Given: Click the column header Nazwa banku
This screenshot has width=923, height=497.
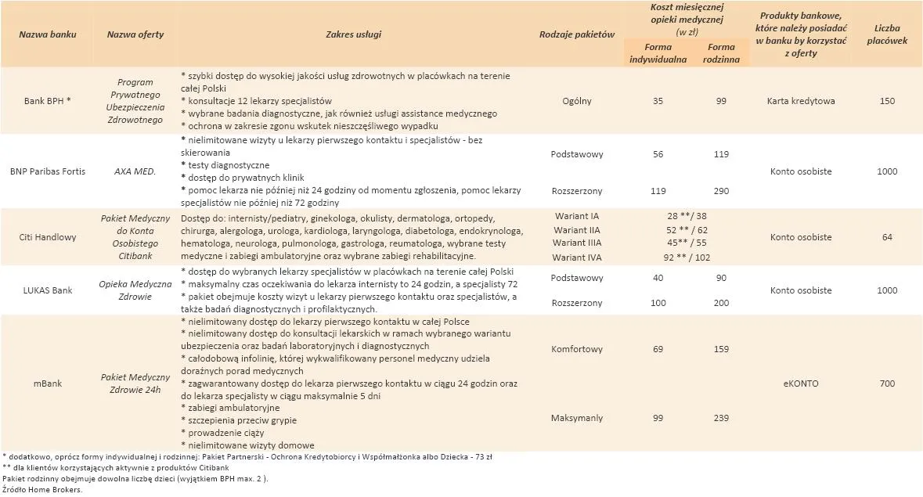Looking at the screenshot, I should [47, 35].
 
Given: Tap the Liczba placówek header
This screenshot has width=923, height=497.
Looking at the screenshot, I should [887, 34].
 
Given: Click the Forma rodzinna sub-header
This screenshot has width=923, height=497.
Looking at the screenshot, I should [720, 52].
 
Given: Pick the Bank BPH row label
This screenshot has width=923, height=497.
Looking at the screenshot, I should [47, 101].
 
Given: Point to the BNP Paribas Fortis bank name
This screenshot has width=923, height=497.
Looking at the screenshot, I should [47, 171].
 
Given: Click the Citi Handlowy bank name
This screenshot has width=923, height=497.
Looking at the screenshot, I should [47, 237].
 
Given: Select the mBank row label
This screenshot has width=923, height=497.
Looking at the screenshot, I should [47, 384].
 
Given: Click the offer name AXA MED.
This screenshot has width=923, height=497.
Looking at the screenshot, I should [135, 171].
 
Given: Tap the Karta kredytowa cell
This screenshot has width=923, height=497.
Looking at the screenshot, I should [800, 101].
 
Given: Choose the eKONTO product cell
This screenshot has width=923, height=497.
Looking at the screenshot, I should [800, 384].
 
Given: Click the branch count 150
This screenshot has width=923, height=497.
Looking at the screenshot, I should [887, 101].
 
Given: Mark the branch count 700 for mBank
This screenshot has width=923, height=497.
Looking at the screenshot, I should [887, 384].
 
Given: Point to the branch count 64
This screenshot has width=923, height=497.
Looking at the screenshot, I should [887, 237].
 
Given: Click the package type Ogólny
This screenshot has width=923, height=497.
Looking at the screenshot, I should [577, 101].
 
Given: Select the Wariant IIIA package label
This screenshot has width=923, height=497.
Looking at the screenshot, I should [577, 243].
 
